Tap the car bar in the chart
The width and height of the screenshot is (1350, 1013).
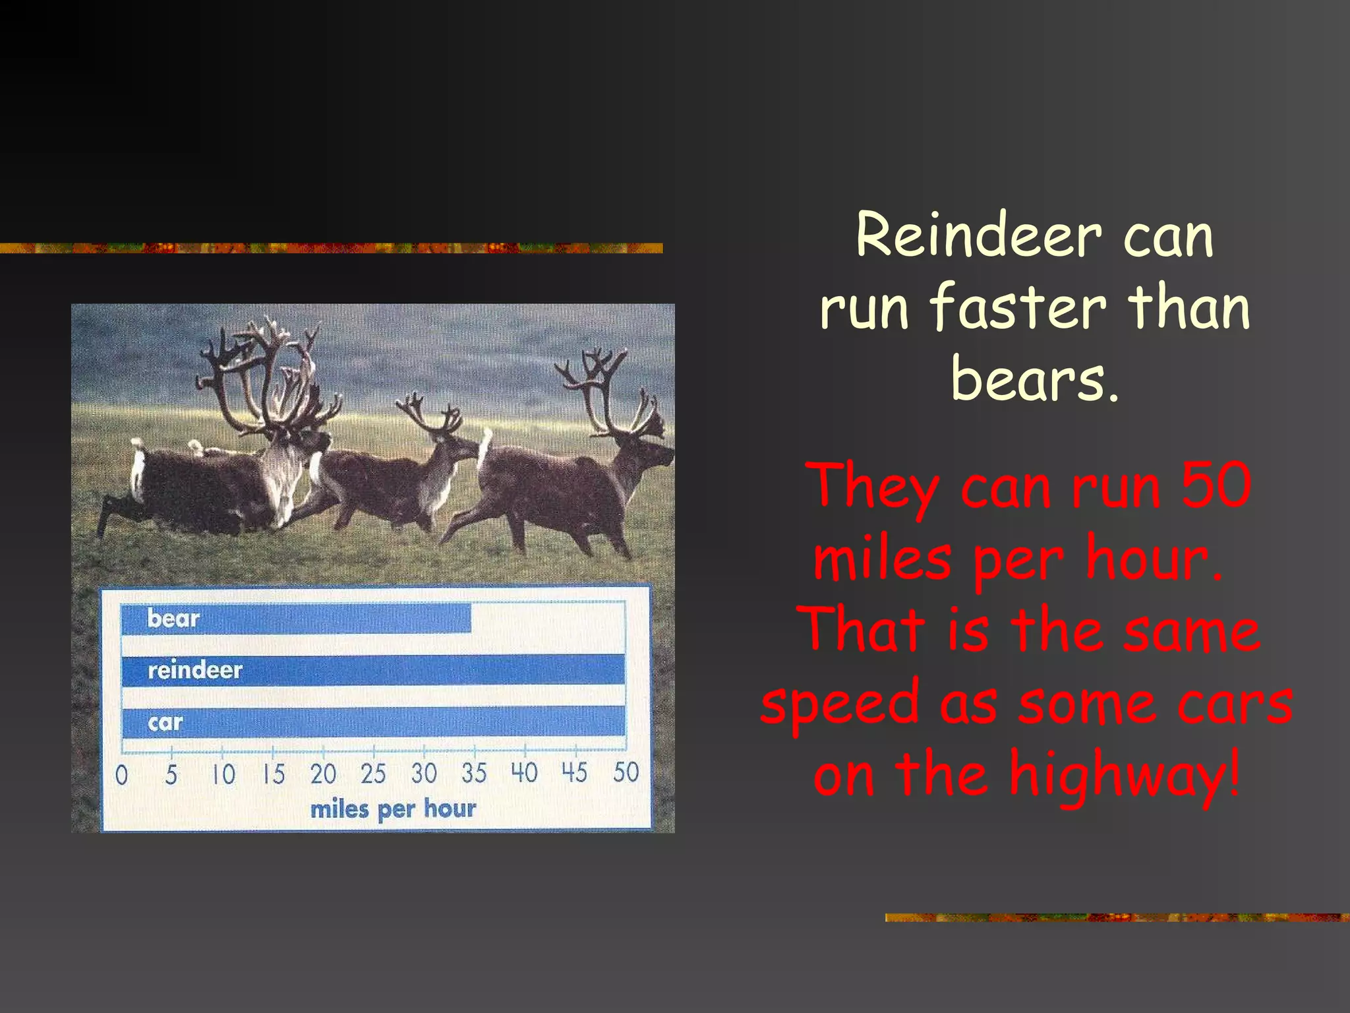pos(396,721)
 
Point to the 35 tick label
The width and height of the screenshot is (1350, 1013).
pos(474,773)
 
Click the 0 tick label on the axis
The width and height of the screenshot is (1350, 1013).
pos(121,775)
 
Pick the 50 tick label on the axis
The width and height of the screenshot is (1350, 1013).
pos(626,772)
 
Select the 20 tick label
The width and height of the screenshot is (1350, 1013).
pos(323,774)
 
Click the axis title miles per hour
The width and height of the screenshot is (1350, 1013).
pos(393,809)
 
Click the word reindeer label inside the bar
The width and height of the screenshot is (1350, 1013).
pos(195,670)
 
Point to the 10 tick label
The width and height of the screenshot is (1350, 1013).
pos(223,774)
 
